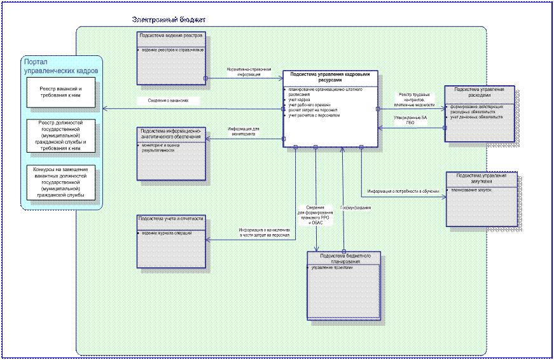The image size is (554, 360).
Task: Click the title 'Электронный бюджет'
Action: coord(169,20)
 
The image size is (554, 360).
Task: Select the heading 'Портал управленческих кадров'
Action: coord(60,66)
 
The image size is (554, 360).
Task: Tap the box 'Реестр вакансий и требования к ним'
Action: coord(61,92)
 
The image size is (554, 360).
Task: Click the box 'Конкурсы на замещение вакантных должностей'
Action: coord(61,183)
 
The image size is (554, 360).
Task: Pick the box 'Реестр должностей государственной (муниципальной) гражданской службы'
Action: coord(61,135)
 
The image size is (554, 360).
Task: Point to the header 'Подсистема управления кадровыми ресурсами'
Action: coord(329,78)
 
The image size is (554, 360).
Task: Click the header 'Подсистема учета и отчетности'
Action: coord(170,219)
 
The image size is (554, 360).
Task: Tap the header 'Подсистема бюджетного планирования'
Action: coord(343,258)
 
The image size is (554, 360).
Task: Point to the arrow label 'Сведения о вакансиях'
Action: coord(169,101)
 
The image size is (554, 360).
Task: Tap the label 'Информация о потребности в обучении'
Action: coord(403,191)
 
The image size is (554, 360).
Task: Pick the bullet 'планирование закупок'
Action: coord(471,190)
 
